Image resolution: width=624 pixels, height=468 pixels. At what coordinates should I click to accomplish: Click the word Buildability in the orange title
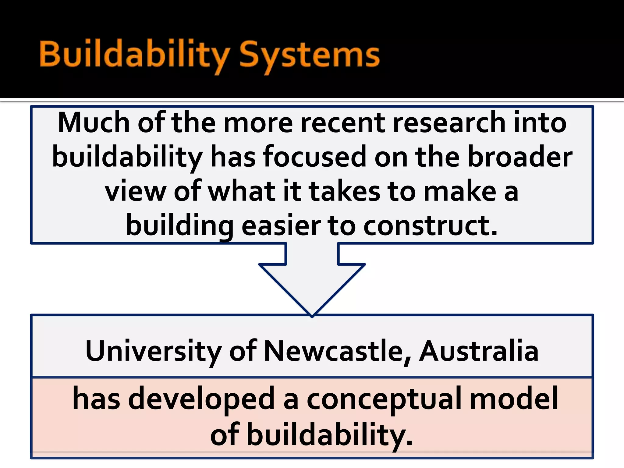[x=134, y=55]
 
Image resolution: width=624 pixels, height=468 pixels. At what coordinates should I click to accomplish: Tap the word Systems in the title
[x=309, y=55]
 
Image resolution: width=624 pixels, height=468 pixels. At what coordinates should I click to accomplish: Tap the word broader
[x=520, y=157]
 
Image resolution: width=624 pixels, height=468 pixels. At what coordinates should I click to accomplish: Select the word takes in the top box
[x=344, y=191]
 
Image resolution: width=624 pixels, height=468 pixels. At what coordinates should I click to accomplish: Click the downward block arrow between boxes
[x=312, y=280]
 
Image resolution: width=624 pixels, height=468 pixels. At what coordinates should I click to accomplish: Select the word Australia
[x=479, y=351]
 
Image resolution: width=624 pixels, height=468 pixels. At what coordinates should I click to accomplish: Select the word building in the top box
[x=180, y=226]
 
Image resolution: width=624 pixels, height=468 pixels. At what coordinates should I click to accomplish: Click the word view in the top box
[x=135, y=191]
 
